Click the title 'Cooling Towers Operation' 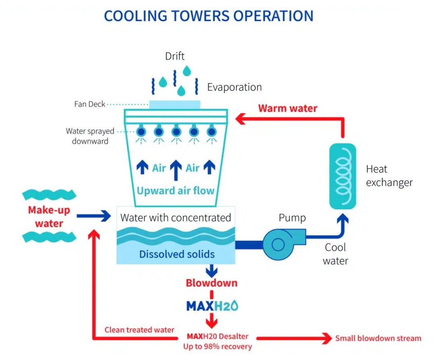pos(208,16)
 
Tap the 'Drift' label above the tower pos(175,56)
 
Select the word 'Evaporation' pos(234,87)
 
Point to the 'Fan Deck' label pos(90,104)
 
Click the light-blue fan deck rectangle pos(175,104)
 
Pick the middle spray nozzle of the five pos(176,131)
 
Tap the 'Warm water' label pos(288,108)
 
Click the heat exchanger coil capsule pos(342,176)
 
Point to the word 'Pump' pos(292,218)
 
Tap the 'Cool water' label pos(336,254)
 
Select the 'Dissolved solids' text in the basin pos(177,254)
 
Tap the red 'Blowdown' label pos(211,283)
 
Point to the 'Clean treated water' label pos(139,330)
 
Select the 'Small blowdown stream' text pos(378,338)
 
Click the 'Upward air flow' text pos(175,190)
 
